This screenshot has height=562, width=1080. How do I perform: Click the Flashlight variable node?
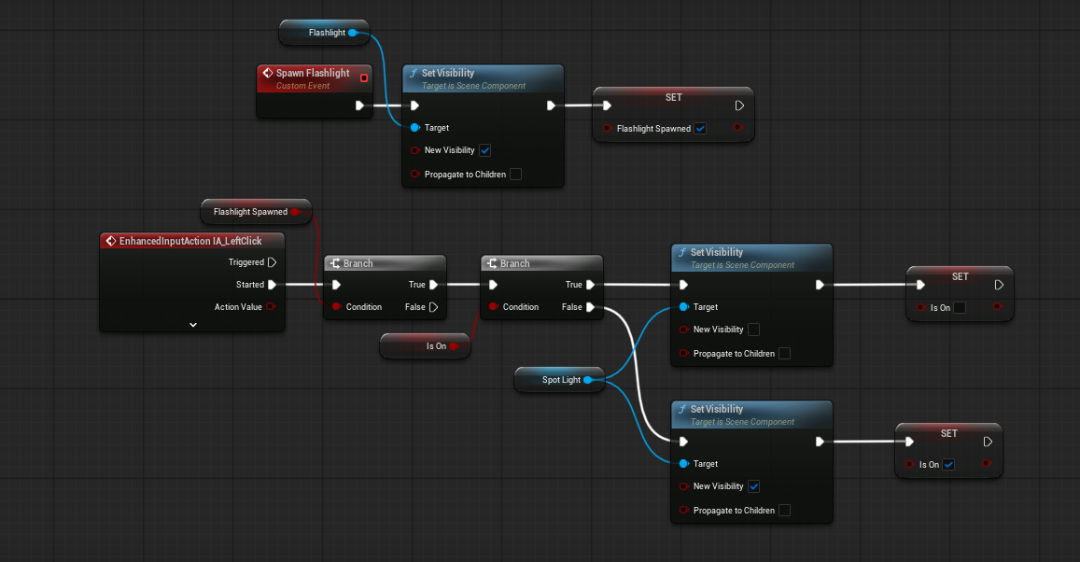click(x=325, y=33)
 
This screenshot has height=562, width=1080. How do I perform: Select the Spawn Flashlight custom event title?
click(x=313, y=73)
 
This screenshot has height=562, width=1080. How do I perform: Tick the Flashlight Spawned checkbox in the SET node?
click(x=700, y=128)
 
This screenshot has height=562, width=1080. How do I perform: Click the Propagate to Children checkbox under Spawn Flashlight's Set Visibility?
click(x=515, y=175)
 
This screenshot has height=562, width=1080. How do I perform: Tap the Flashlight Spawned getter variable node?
click(x=256, y=211)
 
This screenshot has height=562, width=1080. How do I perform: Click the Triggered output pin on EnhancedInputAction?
click(x=272, y=262)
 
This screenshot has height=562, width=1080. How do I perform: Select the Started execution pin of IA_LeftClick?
click(x=272, y=285)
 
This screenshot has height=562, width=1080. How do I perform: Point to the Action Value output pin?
click(x=270, y=306)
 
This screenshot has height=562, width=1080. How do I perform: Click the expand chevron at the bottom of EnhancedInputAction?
click(x=193, y=324)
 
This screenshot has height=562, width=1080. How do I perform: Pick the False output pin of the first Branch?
click(x=433, y=307)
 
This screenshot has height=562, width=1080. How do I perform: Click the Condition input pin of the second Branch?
click(x=493, y=306)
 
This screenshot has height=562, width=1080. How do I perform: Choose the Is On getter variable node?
click(x=425, y=345)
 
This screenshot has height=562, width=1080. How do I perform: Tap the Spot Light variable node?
click(x=559, y=379)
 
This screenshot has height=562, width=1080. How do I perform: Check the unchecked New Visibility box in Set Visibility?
click(x=753, y=330)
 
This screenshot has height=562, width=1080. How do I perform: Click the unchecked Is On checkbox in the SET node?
click(x=960, y=308)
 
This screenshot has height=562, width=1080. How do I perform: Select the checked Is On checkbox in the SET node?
click(x=948, y=464)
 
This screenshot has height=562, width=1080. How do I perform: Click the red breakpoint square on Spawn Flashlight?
click(x=364, y=77)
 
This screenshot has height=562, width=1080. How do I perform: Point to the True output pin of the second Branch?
click(x=590, y=285)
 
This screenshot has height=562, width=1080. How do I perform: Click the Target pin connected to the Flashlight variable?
click(x=414, y=127)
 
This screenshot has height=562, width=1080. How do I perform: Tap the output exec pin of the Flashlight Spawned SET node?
click(x=739, y=105)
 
